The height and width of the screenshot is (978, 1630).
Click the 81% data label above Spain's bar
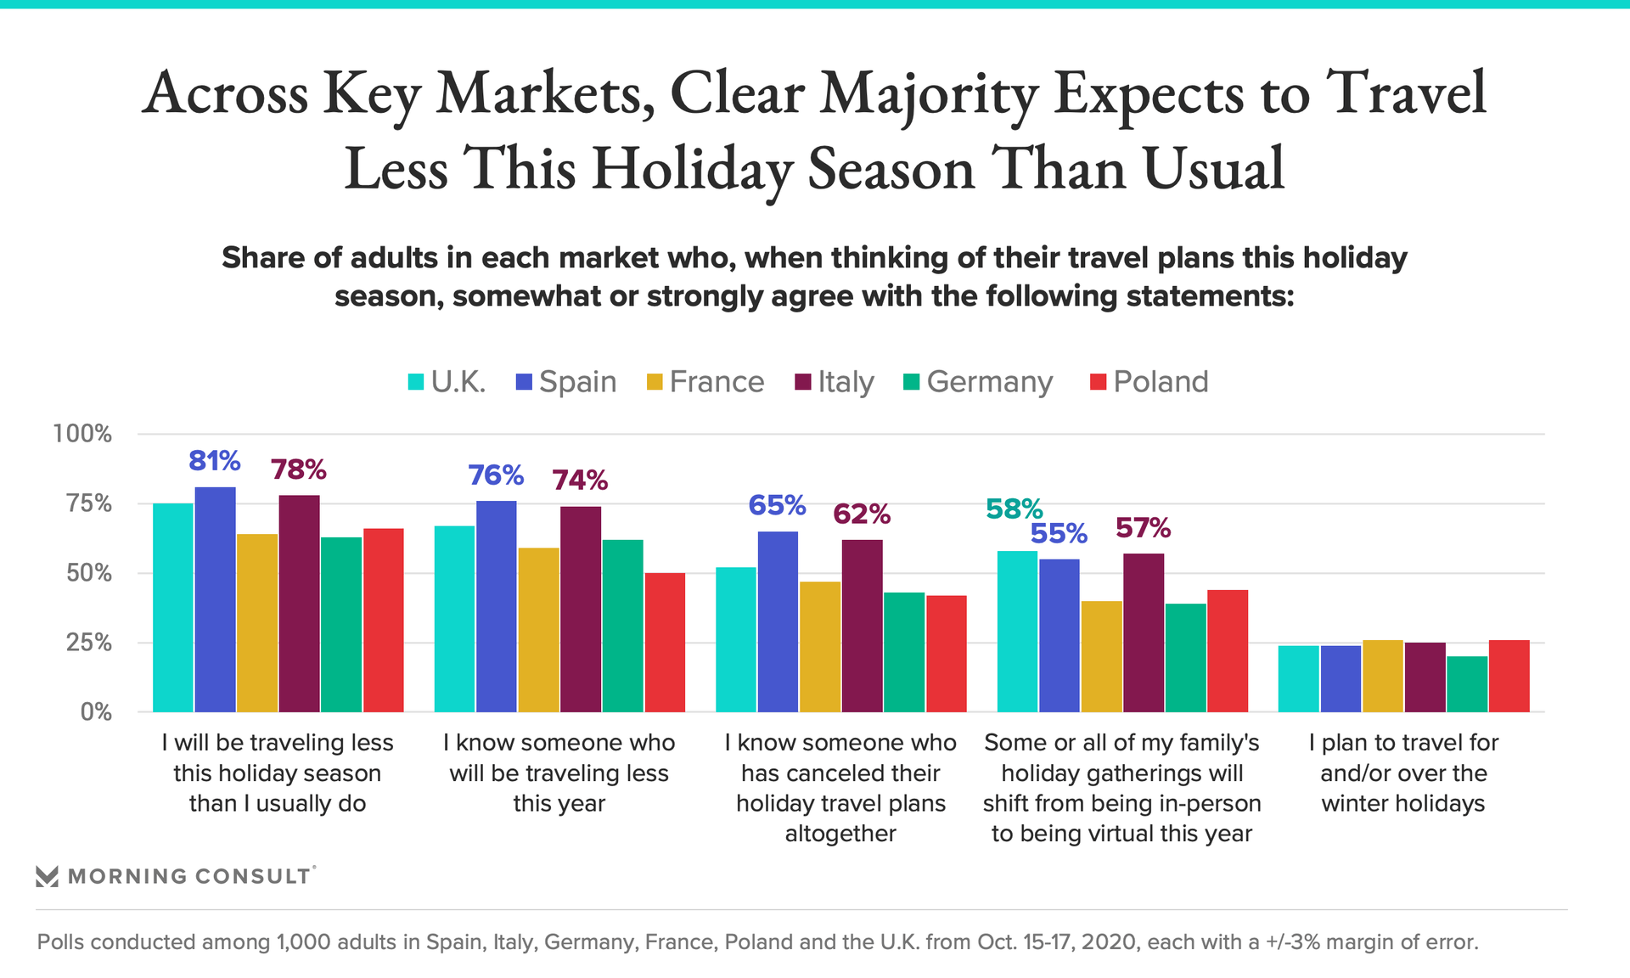(214, 461)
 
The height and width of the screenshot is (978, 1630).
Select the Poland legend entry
(1149, 382)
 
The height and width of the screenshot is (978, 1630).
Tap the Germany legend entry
(977, 382)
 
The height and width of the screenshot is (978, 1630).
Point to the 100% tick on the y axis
(82, 434)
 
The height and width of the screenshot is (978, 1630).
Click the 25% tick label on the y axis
(88, 643)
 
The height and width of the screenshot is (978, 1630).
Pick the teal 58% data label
(1014, 509)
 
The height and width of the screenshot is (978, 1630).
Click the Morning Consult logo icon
(48, 876)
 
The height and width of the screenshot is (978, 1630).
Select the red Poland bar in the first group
(384, 620)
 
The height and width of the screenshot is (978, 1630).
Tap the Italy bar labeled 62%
(862, 625)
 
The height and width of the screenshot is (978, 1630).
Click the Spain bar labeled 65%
(778, 621)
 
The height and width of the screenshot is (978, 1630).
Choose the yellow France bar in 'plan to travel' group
(1383, 676)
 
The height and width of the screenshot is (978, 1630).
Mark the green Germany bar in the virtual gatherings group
(1185, 657)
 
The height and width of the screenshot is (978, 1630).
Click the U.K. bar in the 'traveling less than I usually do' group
(173, 607)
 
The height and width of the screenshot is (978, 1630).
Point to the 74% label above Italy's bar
(580, 481)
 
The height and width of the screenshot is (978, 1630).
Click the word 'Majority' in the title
(928, 93)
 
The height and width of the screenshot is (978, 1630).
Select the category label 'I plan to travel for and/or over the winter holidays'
(1403, 773)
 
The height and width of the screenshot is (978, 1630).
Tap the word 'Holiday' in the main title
(692, 168)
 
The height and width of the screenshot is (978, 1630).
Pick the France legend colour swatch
(655, 382)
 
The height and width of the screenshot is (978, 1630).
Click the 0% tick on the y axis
(95, 712)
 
